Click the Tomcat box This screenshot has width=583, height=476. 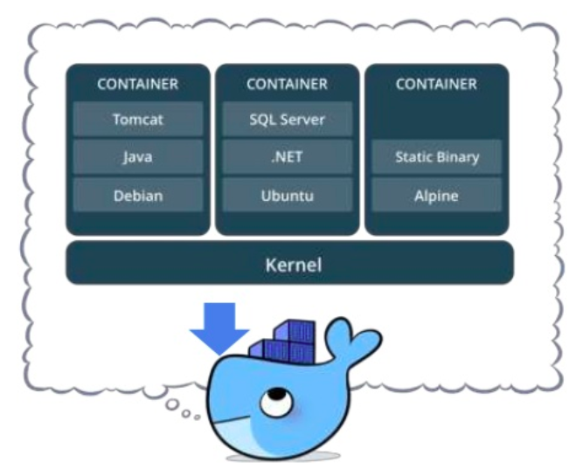(138, 119)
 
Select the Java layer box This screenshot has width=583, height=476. (138, 157)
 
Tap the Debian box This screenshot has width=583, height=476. (138, 196)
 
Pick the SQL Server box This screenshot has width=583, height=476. (287, 119)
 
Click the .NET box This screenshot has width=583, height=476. (287, 157)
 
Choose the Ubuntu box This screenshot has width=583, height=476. (287, 196)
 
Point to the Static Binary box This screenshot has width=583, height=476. (436, 157)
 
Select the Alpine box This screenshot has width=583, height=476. (436, 196)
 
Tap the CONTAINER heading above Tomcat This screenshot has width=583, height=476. (138, 85)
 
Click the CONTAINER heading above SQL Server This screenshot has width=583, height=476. (287, 85)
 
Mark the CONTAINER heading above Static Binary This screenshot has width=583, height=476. (436, 85)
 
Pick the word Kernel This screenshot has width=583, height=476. (294, 263)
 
